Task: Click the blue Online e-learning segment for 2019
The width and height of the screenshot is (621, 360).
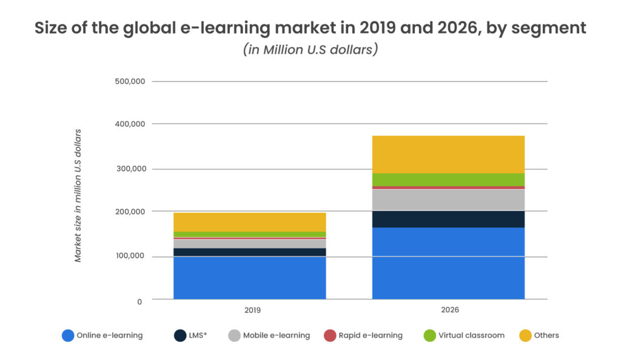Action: (249, 278)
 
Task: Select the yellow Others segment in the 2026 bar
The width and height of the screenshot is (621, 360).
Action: (448, 154)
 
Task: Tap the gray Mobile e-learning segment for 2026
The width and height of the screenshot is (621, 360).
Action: (448, 199)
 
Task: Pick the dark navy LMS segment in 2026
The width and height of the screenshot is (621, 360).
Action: (448, 219)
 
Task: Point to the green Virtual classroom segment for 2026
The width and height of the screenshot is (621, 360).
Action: (448, 179)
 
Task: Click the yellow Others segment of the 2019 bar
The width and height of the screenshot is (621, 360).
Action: (249, 222)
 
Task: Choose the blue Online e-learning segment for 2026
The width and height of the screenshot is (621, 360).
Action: (448, 263)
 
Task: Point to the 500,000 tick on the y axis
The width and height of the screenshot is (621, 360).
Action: (129, 81)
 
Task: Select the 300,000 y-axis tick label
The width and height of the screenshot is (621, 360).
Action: (129, 168)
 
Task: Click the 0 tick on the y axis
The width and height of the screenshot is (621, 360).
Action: (139, 301)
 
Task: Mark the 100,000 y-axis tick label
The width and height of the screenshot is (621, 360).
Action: (129, 256)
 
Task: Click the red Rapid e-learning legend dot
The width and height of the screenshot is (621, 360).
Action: (329, 335)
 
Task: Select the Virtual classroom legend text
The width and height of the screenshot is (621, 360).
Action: (471, 335)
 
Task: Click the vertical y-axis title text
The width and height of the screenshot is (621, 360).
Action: (78, 195)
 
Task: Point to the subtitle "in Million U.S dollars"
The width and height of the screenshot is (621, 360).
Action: (310, 50)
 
